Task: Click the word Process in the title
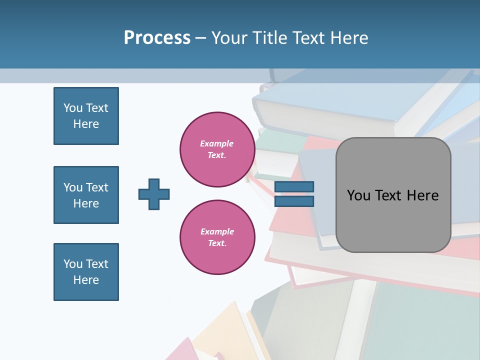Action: pos(157,38)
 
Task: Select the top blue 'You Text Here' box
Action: pos(86,116)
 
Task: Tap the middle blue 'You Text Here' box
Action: pos(86,195)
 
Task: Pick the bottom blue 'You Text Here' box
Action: pos(86,272)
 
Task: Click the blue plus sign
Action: pos(154,194)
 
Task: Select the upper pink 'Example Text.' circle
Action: pos(217,149)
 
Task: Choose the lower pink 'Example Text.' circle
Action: pos(217,237)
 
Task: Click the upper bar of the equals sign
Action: pos(294,187)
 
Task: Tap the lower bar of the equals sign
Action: pos(294,201)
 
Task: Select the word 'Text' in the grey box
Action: pos(392,195)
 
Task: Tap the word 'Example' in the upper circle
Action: pos(217,143)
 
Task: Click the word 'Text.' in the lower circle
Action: pos(217,243)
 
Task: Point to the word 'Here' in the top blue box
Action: pos(86,124)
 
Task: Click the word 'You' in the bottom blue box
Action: pos(73,264)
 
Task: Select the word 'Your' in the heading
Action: pos(230,38)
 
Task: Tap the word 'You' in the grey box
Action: pos(359,195)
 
